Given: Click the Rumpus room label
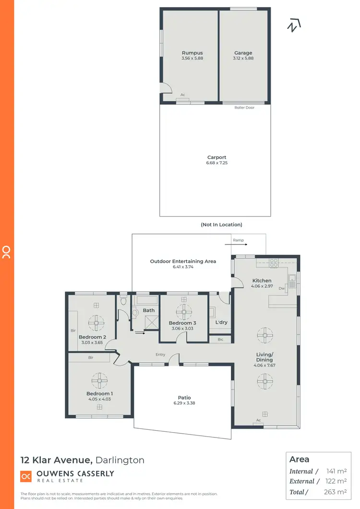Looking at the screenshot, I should click(x=192, y=53).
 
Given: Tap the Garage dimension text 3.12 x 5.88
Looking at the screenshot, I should click(x=243, y=59).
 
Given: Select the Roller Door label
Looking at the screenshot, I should click(x=244, y=108).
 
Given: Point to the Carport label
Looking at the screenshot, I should click(x=216, y=157).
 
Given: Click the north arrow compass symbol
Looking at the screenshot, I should click(x=293, y=25).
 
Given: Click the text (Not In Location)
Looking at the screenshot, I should click(x=221, y=224).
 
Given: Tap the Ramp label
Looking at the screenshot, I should click(x=238, y=240).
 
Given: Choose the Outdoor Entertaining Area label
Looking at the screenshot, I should click(x=183, y=261).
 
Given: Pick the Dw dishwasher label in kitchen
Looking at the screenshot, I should click(x=282, y=289).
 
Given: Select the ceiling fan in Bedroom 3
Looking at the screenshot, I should click(x=183, y=312).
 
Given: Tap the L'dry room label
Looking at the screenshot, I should click(x=221, y=322).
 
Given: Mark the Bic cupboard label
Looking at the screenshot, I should click(x=220, y=339).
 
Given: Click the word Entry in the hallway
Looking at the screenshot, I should click(x=160, y=355).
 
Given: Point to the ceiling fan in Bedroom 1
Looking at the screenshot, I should click(x=99, y=381).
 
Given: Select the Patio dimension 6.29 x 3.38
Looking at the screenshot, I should click(x=184, y=403).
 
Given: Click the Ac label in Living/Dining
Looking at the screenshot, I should click(x=258, y=420).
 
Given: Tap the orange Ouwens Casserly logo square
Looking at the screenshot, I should click(x=25, y=476).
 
